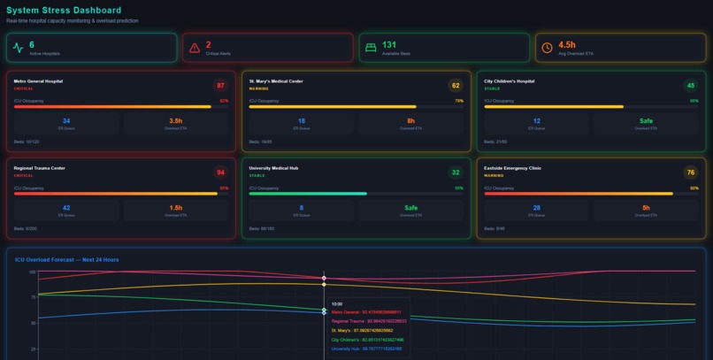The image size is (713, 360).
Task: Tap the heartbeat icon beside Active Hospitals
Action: [x=19, y=48]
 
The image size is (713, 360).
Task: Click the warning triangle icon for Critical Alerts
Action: [x=195, y=48]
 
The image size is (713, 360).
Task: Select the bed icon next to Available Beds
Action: [x=371, y=48]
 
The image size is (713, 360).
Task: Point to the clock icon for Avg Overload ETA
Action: [x=547, y=48]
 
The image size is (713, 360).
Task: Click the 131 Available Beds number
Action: [x=389, y=44]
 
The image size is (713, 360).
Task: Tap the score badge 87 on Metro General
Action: [x=220, y=86]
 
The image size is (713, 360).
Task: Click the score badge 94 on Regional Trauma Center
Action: [x=220, y=172]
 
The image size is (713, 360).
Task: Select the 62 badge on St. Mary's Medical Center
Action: [x=456, y=86]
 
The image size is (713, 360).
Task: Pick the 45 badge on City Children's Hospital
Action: [x=691, y=86]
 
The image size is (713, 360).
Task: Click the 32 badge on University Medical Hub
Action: [x=456, y=172]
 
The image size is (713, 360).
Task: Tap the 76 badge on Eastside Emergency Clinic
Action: [x=691, y=172]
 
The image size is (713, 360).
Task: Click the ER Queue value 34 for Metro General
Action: [x=66, y=121]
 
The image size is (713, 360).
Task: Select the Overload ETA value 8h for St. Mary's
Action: [x=410, y=121]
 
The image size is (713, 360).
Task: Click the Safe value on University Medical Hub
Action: [x=410, y=208]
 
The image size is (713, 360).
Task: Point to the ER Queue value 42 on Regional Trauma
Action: [x=66, y=208]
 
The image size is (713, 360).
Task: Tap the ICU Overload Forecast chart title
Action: [x=66, y=259]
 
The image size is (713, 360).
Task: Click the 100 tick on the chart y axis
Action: [x=32, y=272]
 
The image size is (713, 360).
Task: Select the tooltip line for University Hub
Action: [x=366, y=349]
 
